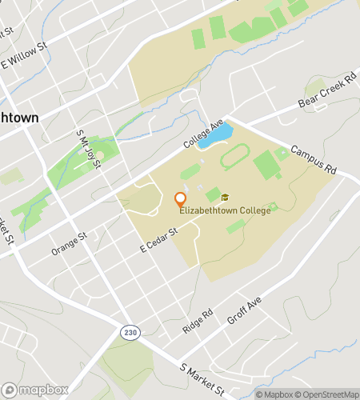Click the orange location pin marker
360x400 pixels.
click(181, 200)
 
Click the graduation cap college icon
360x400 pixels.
click(225, 197)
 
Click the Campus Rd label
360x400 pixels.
click(314, 161)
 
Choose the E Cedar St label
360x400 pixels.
click(157, 239)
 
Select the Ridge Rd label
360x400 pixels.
click(198, 321)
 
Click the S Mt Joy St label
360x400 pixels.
click(88, 150)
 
